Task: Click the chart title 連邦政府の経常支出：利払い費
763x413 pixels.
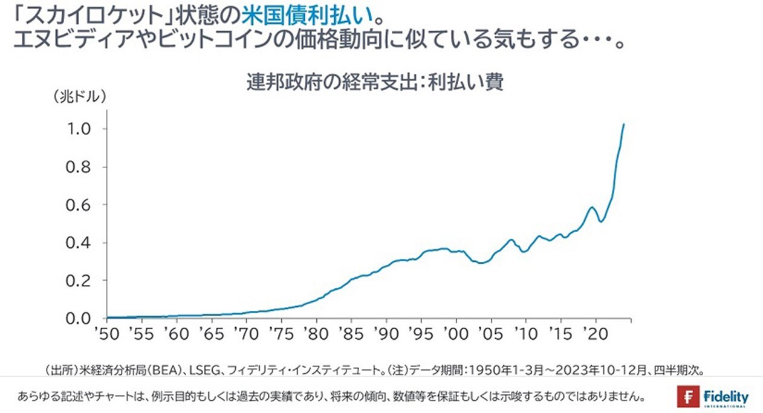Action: (375, 83)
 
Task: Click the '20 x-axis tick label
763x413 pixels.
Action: (596, 334)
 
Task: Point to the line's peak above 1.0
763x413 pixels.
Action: (623, 124)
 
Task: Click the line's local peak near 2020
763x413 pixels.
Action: (593, 207)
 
